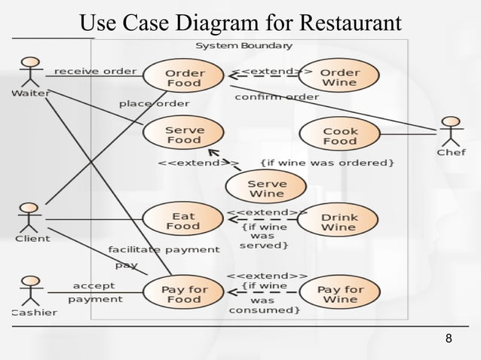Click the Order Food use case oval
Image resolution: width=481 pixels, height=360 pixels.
coord(184,77)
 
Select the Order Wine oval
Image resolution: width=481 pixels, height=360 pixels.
coord(339,77)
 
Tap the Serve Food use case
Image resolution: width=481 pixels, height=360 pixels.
coord(184,135)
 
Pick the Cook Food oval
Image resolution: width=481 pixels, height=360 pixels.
coord(339,135)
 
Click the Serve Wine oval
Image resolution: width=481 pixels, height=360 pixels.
coord(267,188)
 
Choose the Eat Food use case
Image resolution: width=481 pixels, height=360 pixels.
coord(182,220)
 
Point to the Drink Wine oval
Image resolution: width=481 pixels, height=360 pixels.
coord(339,221)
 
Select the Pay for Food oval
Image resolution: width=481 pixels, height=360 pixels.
coord(184,293)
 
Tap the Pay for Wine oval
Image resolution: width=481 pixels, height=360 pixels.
coord(340,293)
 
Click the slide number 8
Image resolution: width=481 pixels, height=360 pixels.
coord(449,338)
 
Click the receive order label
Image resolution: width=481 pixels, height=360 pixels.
coord(96,72)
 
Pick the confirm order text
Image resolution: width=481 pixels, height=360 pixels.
coord(277,96)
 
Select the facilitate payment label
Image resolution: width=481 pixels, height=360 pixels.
coord(164,249)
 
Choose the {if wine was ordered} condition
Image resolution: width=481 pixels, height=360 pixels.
coord(327,162)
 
